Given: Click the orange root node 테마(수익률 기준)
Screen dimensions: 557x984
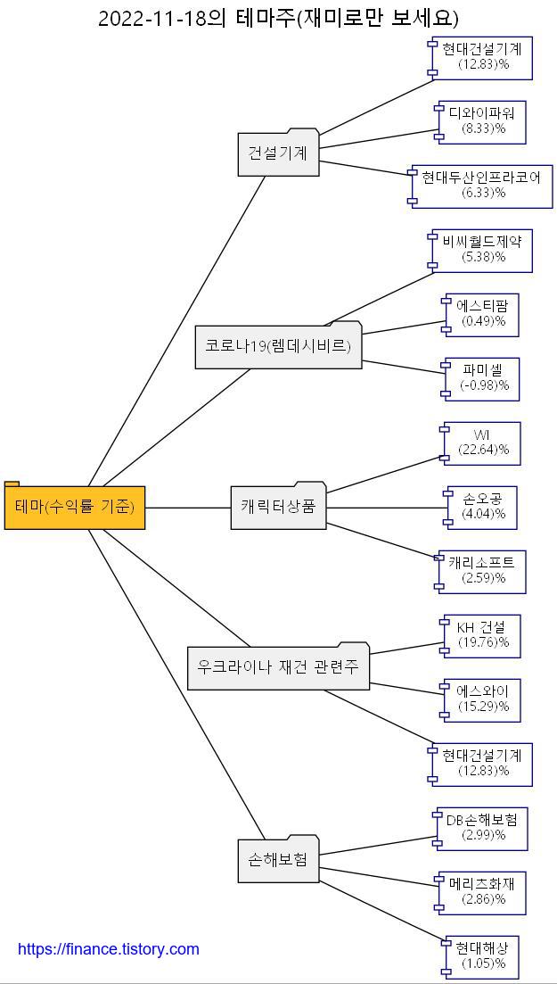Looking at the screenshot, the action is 75,508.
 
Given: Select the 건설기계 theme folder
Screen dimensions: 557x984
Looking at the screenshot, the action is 278,153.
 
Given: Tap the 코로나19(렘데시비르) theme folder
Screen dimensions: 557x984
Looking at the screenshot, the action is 278,346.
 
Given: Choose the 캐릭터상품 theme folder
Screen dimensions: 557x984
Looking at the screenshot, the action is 278,507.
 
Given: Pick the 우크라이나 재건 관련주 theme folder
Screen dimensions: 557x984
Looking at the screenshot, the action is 278,667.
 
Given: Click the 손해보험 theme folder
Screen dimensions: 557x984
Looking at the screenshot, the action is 278,860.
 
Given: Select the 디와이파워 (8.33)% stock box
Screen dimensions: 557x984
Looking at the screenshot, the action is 483,121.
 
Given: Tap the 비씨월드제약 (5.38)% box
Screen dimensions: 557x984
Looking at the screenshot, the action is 482,250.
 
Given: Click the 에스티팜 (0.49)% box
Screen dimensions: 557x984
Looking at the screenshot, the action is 483,314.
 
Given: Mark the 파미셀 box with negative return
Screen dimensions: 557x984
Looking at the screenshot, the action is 483,378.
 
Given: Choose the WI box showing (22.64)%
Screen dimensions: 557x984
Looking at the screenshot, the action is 483,442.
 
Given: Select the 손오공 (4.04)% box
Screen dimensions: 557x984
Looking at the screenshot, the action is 483,507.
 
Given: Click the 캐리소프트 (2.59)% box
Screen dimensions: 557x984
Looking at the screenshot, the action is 483,571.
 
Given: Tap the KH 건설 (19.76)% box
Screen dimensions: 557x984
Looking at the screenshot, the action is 483,635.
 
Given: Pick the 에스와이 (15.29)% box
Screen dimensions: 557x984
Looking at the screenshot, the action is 483,699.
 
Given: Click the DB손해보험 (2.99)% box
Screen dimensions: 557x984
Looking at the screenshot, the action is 481,828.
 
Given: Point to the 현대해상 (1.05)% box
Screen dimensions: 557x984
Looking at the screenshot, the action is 483,956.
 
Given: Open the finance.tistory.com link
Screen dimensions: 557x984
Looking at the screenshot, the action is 109,949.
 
